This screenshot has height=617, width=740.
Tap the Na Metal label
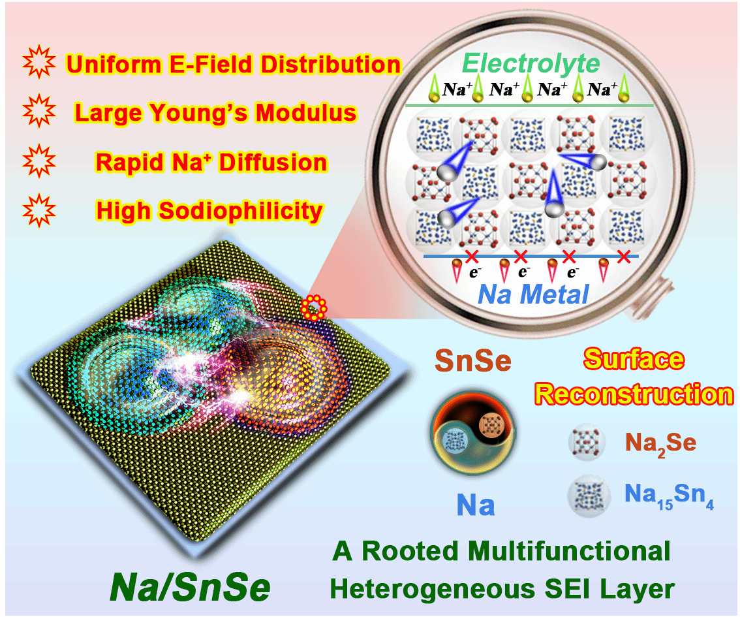click(533, 294)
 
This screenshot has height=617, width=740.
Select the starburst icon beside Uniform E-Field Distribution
click(39, 62)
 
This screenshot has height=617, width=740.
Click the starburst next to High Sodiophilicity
click(39, 210)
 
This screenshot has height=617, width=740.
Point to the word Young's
click(198, 114)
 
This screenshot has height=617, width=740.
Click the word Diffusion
click(273, 162)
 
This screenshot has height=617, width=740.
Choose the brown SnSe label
click(473, 360)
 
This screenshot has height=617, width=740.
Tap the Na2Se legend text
click(660, 444)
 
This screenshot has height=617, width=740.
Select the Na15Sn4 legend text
click(669, 496)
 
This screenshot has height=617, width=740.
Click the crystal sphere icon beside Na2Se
click(587, 443)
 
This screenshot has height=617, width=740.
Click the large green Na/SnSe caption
click(190, 587)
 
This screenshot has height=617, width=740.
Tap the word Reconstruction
click(634, 394)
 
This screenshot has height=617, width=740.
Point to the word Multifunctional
click(570, 550)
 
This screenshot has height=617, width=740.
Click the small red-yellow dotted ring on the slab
click(314, 308)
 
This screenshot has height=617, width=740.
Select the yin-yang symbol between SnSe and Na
click(474, 432)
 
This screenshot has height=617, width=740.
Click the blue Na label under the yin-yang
click(476, 505)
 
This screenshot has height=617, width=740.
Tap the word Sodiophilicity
click(241, 211)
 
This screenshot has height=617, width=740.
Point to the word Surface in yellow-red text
click(634, 360)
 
